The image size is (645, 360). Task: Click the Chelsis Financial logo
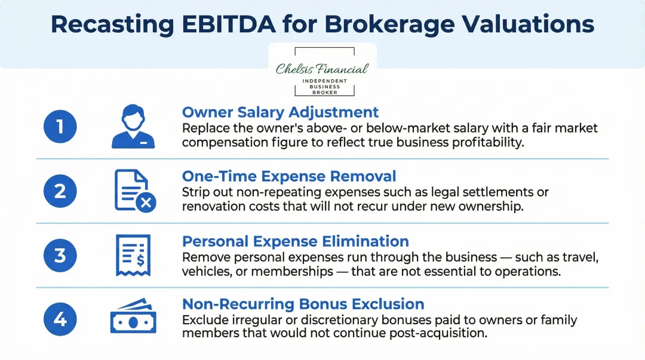pyautogui.click(x=322, y=70)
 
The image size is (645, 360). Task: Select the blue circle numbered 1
pyautogui.click(x=60, y=127)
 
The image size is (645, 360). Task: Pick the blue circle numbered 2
pyautogui.click(x=60, y=191)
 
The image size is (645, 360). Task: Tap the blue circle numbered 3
pyautogui.click(x=60, y=255)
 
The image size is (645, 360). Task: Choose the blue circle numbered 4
pyautogui.click(x=60, y=319)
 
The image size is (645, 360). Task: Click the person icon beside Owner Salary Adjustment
pyautogui.click(x=133, y=127)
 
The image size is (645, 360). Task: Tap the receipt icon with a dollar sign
pyautogui.click(x=133, y=255)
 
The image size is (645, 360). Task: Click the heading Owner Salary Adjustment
pyautogui.click(x=280, y=112)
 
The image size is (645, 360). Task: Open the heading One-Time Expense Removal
pyautogui.click(x=289, y=176)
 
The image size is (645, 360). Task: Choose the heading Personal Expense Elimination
pyautogui.click(x=295, y=241)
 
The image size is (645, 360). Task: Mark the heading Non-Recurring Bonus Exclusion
pyautogui.click(x=303, y=304)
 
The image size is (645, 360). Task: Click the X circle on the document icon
pyautogui.click(x=146, y=203)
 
